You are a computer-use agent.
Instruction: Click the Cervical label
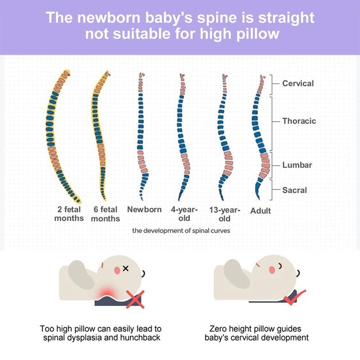pos(298,83)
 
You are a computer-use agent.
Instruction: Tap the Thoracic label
pos(299,121)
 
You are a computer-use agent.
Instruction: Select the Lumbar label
pos(297,165)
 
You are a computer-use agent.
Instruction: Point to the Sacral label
pos(295,190)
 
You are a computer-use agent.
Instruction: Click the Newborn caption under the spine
pos(144,209)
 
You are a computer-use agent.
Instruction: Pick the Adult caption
pos(261,211)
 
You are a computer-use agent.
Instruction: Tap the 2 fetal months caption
pos(69,214)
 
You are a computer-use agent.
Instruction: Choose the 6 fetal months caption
pos(105,214)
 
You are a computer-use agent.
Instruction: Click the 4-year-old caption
pos(184,214)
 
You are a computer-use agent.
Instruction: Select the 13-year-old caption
pos(225,214)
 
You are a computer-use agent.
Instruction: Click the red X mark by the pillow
pos(135,299)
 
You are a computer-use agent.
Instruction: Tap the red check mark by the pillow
pos(294,297)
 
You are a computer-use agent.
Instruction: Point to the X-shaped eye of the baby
pos(126,268)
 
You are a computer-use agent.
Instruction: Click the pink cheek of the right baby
pos(272,270)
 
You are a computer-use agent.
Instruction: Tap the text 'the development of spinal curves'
pos(181,230)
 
